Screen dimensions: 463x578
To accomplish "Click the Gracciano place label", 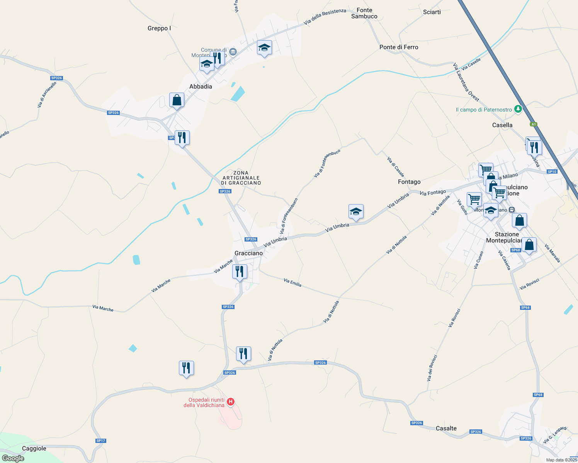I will point(248,253).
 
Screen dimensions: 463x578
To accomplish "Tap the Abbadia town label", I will point(201,86).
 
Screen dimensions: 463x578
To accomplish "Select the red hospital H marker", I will point(231,402).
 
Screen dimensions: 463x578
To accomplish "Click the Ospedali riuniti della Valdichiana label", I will point(204,402).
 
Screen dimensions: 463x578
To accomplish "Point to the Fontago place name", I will point(409,182).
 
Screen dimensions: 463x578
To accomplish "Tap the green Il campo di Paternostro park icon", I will point(518,109).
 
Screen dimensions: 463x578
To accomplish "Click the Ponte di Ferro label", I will point(399,47).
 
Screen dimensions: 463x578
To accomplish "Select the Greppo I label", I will point(159,28).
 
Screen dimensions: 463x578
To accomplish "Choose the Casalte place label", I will point(446,428).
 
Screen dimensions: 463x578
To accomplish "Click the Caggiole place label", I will point(34,448).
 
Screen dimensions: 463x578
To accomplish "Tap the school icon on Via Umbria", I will point(356,211).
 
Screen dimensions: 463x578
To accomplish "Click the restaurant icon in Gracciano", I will point(240,272).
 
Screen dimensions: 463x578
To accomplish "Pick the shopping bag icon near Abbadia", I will point(177,100).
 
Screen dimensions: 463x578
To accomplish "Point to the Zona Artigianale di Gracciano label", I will point(241,178).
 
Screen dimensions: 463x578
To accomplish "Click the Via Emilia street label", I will point(292,282).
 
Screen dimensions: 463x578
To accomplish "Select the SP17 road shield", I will point(101,441).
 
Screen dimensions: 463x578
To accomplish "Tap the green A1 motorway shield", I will point(534,124).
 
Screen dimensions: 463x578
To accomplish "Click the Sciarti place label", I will point(432,12).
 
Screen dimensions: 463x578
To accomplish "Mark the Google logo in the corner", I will point(13,458).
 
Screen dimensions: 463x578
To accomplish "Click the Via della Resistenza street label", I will point(325,17).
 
